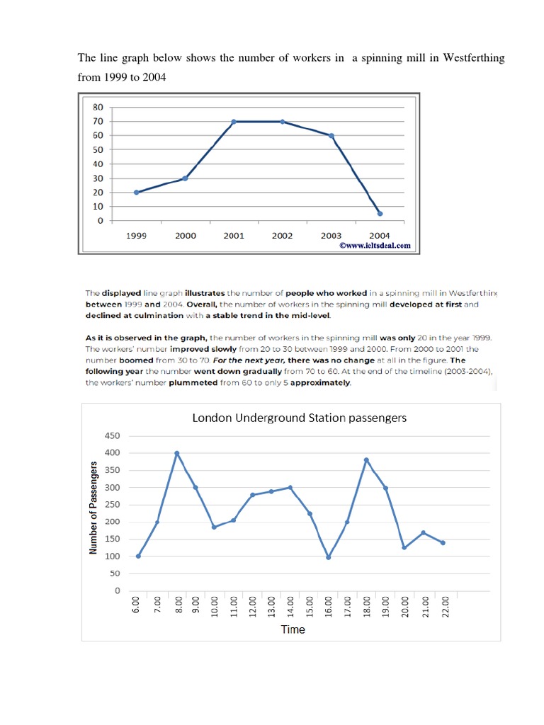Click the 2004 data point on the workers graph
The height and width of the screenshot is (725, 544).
point(380,213)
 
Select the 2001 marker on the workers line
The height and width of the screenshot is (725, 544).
point(234,122)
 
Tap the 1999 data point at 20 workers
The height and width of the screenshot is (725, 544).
point(136,192)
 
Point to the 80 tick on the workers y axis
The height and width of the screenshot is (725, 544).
point(98,107)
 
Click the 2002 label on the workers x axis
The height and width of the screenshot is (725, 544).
point(282,236)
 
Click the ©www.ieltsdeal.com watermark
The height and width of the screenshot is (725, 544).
point(375,246)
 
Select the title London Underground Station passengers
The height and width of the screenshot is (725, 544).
point(299,418)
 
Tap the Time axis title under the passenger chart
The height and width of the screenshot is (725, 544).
point(293,629)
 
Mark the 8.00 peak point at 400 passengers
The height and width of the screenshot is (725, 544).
point(177,453)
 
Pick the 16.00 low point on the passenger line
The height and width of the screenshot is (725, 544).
point(329,557)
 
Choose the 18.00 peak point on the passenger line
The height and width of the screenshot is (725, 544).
point(367,460)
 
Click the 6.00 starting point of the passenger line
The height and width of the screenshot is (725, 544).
point(138,556)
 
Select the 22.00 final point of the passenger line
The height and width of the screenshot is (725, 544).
point(443,543)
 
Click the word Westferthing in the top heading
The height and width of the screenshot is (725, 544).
point(474,58)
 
